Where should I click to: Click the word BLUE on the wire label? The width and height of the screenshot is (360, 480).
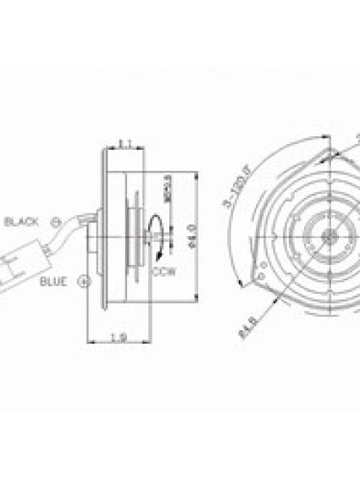53,281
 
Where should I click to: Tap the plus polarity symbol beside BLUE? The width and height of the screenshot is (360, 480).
83,279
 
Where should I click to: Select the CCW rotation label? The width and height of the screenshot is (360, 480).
164,272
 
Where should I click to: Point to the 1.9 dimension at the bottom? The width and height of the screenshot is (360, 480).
120,339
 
